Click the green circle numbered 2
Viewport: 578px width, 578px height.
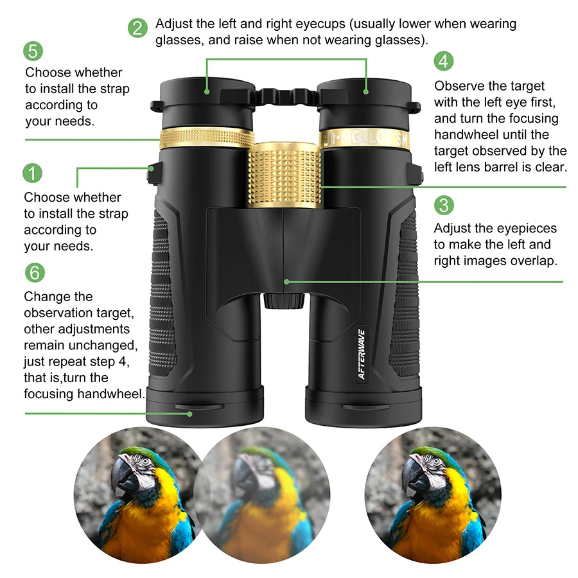pos(137,28)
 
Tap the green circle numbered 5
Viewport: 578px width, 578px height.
pos(34,51)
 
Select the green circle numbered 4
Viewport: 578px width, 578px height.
pos(443,62)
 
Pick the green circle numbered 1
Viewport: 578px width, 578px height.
pos(33,173)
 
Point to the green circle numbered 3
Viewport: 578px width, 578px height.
pos(444,205)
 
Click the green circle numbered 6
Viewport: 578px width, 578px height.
pos(35,272)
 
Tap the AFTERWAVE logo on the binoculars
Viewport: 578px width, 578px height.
pos(361,354)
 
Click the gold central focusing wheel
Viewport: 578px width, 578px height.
pos(285,175)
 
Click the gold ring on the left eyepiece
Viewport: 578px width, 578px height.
pos(207,137)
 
